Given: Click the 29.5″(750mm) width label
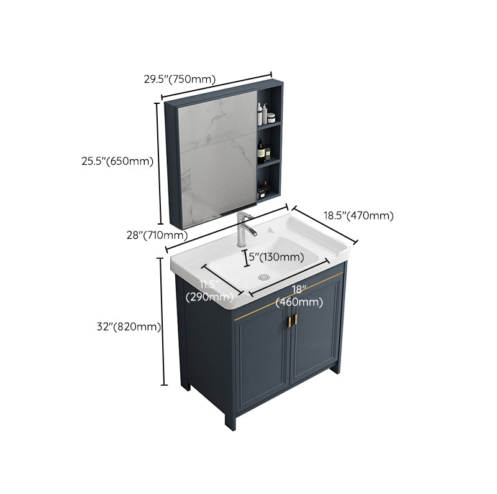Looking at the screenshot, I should coord(180,79).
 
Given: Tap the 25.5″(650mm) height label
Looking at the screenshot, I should coord(117,161).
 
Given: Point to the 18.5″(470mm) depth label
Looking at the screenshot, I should coord(358,216).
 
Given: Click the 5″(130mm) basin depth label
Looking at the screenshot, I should coord(276,256).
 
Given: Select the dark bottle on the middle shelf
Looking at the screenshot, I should coord(262,152).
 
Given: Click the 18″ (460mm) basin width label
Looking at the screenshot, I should coord(299,296).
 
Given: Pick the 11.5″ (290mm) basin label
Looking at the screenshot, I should coord(209,291).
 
